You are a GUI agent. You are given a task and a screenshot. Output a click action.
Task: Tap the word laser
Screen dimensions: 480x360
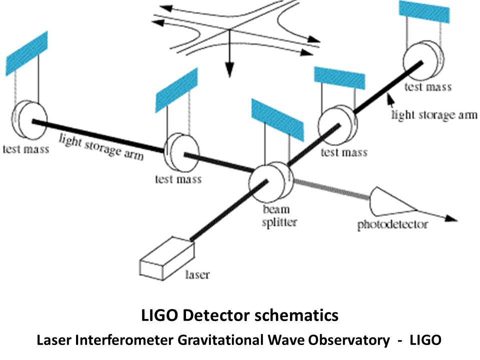197,274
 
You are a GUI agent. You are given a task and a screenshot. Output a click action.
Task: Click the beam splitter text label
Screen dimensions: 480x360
279,216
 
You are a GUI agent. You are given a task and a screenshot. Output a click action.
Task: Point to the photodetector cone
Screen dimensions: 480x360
393,202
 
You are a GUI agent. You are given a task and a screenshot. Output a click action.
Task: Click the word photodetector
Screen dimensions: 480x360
392,224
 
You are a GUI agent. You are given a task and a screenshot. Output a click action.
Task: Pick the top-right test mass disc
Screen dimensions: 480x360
423,61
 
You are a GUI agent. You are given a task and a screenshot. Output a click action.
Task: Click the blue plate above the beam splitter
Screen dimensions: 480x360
277,119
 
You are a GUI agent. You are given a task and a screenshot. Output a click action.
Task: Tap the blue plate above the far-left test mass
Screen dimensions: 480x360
26,53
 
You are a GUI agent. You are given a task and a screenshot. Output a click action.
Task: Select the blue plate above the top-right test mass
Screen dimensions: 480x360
424,11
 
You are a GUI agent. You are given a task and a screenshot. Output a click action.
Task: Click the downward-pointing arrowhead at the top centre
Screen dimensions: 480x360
229,70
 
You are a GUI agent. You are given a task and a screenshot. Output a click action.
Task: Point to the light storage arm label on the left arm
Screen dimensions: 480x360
101,146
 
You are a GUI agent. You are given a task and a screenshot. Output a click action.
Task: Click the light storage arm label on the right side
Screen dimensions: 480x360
434,115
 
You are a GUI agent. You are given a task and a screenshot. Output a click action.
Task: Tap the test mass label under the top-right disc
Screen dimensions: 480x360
428,87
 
